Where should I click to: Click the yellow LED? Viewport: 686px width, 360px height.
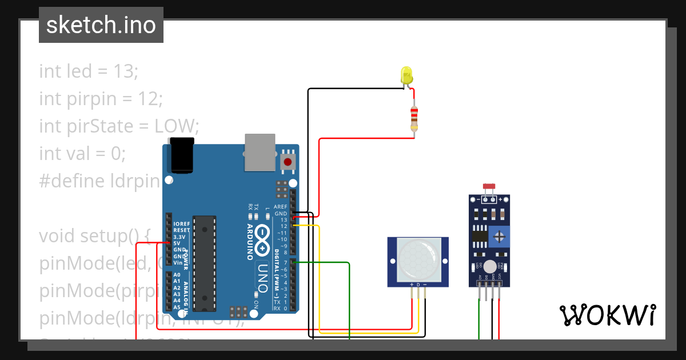coord(406,75)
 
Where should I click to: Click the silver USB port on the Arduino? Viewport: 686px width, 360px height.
coord(260,152)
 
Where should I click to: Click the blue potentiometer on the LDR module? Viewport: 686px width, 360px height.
coord(500,235)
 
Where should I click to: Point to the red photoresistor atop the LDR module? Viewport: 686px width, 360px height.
coord(489,186)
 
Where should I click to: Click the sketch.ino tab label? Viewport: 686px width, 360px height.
coord(101,25)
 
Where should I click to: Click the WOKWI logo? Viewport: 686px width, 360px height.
coord(607,315)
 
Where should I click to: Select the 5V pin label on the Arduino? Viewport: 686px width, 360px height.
coord(178,243)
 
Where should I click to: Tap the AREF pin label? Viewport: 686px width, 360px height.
coord(281,207)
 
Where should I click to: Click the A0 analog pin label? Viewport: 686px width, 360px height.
coord(177,275)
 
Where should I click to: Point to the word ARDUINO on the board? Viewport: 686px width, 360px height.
coord(250,242)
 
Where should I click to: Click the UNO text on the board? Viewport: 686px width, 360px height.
coord(262,277)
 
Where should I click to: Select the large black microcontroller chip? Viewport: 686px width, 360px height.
coord(204,263)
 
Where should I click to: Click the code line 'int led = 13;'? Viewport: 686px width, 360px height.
coord(89,71)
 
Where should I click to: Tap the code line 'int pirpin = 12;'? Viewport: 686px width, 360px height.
coord(101,98)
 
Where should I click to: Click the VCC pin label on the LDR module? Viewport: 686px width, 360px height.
coord(500,280)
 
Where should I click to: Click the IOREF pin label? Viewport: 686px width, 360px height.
coord(181,223)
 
